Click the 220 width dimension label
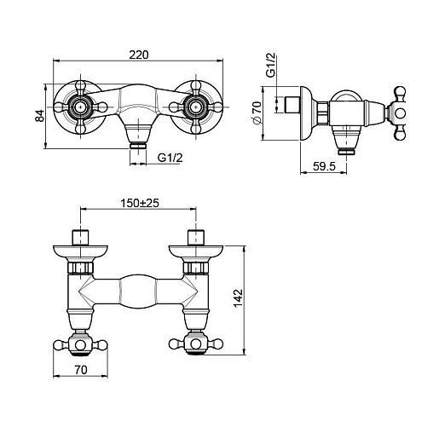tap(139, 55)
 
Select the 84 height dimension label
tap(40, 116)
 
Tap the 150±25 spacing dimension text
tap(140, 203)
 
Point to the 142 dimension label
tap(239, 297)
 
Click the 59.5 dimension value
tap(324, 166)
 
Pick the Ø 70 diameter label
tap(257, 113)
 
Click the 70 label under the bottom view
tap(81, 370)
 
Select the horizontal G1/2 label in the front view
tap(170, 158)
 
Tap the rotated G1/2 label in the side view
tap(270, 65)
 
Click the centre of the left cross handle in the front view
tap(81, 107)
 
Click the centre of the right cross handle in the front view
tap(195, 107)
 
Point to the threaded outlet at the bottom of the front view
tap(138, 146)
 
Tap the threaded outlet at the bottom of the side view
tap(346, 152)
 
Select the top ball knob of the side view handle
tap(401, 93)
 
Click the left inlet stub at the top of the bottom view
tap(80, 237)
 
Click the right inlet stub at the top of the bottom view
tap(196, 237)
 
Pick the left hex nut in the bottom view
tap(81, 268)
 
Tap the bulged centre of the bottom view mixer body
tap(138, 292)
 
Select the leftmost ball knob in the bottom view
tap(59, 344)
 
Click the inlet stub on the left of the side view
tap(293, 105)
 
